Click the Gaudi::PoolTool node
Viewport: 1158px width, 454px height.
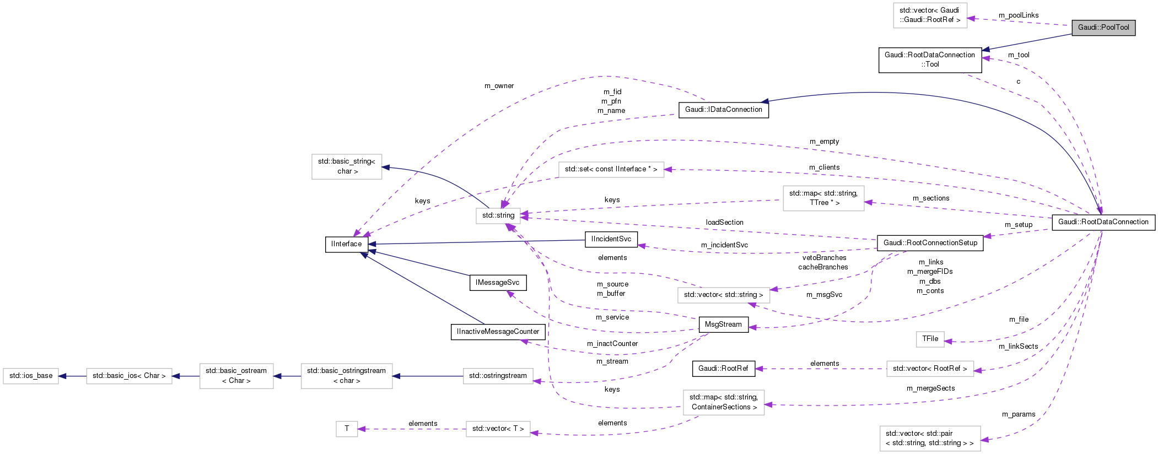(1103, 28)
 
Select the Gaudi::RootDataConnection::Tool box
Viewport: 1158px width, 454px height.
(930, 60)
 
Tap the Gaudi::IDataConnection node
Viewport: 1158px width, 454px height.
(723, 110)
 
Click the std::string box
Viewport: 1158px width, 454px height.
(498, 215)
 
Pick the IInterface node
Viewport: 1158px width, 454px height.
(347, 244)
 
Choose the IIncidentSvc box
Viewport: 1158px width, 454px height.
(611, 239)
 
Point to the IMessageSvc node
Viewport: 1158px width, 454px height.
(497, 283)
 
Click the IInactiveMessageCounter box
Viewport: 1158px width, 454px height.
(498, 332)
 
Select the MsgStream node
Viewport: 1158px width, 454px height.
(723, 325)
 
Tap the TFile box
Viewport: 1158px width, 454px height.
(930, 339)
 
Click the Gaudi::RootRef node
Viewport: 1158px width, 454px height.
(723, 369)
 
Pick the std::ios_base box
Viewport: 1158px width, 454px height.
(31, 376)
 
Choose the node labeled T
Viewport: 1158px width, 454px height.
(347, 429)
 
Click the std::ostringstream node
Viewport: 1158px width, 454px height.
(498, 376)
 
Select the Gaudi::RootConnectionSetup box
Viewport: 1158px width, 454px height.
(930, 243)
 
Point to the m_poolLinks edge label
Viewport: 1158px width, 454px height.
(1019, 15)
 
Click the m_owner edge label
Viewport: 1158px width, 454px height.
(499, 86)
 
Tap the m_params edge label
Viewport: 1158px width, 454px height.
(1019, 414)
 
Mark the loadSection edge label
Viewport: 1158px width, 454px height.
(724, 223)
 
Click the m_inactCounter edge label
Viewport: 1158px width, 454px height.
(612, 344)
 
